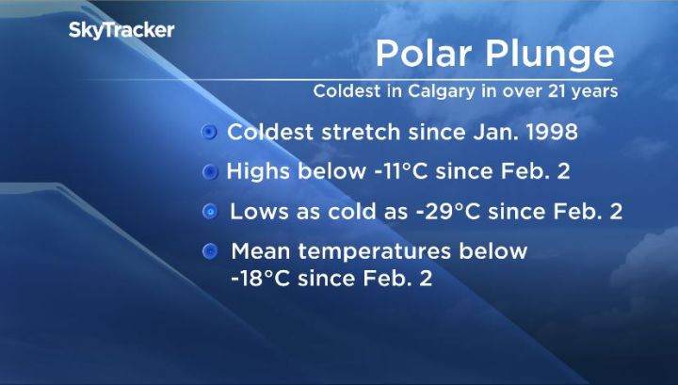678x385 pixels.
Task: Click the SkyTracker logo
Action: pyautogui.click(x=121, y=30)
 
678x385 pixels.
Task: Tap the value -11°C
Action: pyautogui.click(x=396, y=172)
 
